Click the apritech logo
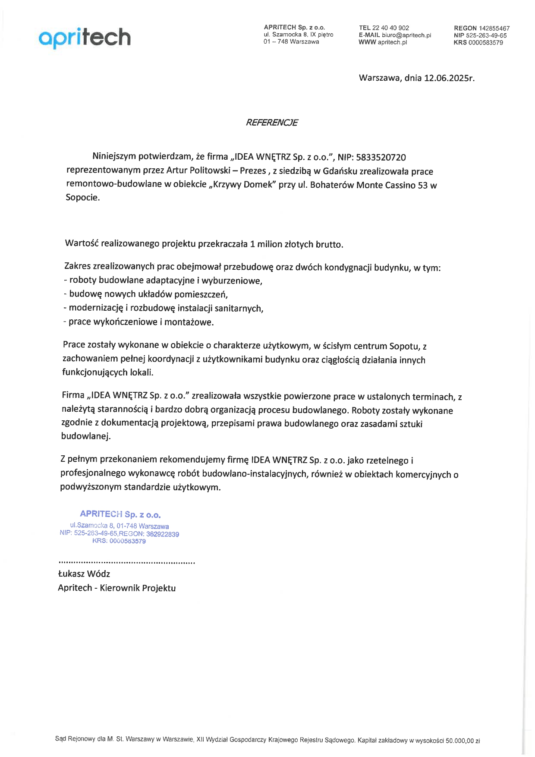[x=85, y=38]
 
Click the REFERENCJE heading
[x=271, y=123]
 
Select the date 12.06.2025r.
[x=449, y=78]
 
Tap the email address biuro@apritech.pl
[x=406, y=35]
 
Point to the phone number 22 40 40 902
[x=390, y=28]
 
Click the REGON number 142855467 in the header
[x=494, y=28]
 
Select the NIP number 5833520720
[x=381, y=158]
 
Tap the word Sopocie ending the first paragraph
[x=82, y=198]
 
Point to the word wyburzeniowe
[x=232, y=281]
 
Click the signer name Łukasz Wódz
[x=84, y=574]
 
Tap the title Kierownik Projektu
[x=138, y=588]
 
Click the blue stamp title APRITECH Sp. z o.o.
[x=120, y=514]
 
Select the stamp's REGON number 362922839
[x=163, y=534]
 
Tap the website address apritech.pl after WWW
[x=392, y=42]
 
